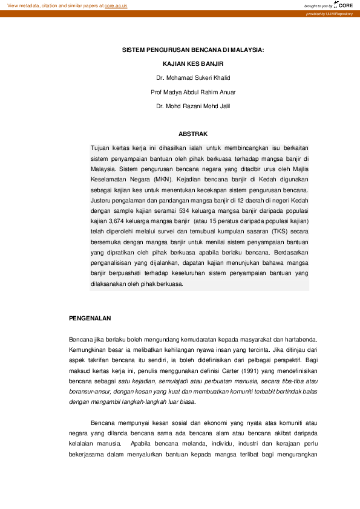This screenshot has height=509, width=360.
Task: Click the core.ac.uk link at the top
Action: (x=116, y=5)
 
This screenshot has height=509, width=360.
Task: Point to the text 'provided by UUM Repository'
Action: (x=329, y=13)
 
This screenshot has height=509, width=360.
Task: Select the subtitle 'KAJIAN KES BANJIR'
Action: (x=194, y=63)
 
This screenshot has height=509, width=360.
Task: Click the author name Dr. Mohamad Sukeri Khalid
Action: (x=193, y=77)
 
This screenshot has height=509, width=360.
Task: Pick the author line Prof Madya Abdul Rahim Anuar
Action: (x=193, y=92)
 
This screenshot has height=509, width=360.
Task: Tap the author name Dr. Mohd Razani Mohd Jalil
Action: (x=193, y=106)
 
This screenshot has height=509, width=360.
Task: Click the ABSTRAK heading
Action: (x=194, y=133)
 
